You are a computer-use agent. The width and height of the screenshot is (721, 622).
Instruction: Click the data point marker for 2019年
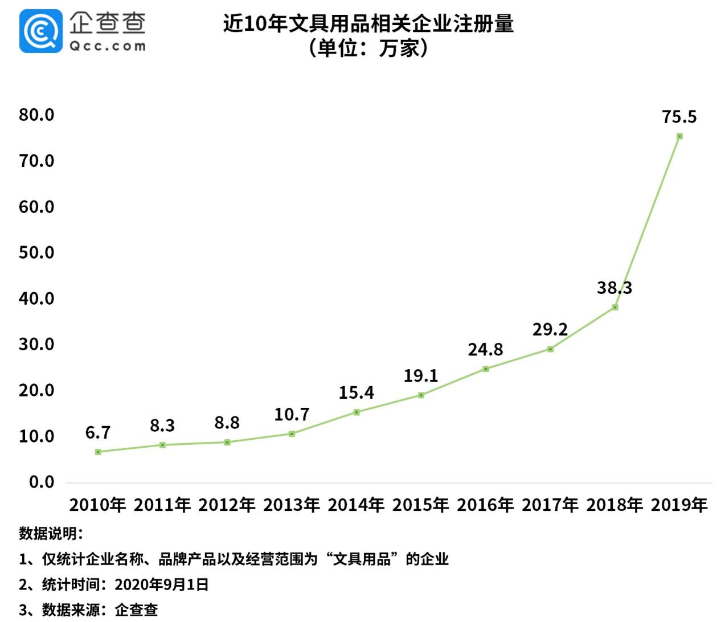coord(679,136)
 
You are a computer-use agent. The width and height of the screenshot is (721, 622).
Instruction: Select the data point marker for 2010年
coord(98,452)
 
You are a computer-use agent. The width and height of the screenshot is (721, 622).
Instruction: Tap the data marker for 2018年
coord(615,307)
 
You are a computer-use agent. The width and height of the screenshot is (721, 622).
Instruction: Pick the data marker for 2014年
coord(357,412)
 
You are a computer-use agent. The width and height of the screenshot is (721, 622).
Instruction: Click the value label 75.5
coord(679,117)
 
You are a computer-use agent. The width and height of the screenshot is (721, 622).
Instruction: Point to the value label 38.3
coord(615,288)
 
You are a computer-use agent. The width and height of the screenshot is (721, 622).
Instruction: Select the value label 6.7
coord(98,433)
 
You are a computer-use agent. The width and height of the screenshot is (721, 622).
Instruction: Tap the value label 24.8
coord(486,349)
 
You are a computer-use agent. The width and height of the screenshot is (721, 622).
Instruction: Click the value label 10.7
coord(292,415)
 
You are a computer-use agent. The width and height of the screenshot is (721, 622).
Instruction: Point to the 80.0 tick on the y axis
coord(36,115)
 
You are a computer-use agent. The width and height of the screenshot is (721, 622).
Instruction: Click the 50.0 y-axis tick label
coord(36,252)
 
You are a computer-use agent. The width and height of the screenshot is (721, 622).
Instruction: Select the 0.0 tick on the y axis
coord(42,482)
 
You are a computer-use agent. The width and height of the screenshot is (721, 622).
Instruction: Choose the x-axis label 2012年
coord(227,505)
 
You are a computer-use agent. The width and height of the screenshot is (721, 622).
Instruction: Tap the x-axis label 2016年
coord(485,505)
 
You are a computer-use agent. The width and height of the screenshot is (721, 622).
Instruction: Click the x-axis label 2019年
coord(679,505)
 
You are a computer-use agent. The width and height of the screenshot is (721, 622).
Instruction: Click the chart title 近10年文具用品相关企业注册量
coord(368,24)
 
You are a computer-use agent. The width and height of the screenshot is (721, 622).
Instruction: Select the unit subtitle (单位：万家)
coord(368,48)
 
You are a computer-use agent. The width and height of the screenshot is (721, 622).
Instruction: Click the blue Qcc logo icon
coord(40,32)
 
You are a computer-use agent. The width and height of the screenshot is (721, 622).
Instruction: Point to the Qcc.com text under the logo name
coord(108,46)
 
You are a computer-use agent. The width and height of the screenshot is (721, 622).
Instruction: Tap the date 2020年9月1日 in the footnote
coord(162,584)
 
